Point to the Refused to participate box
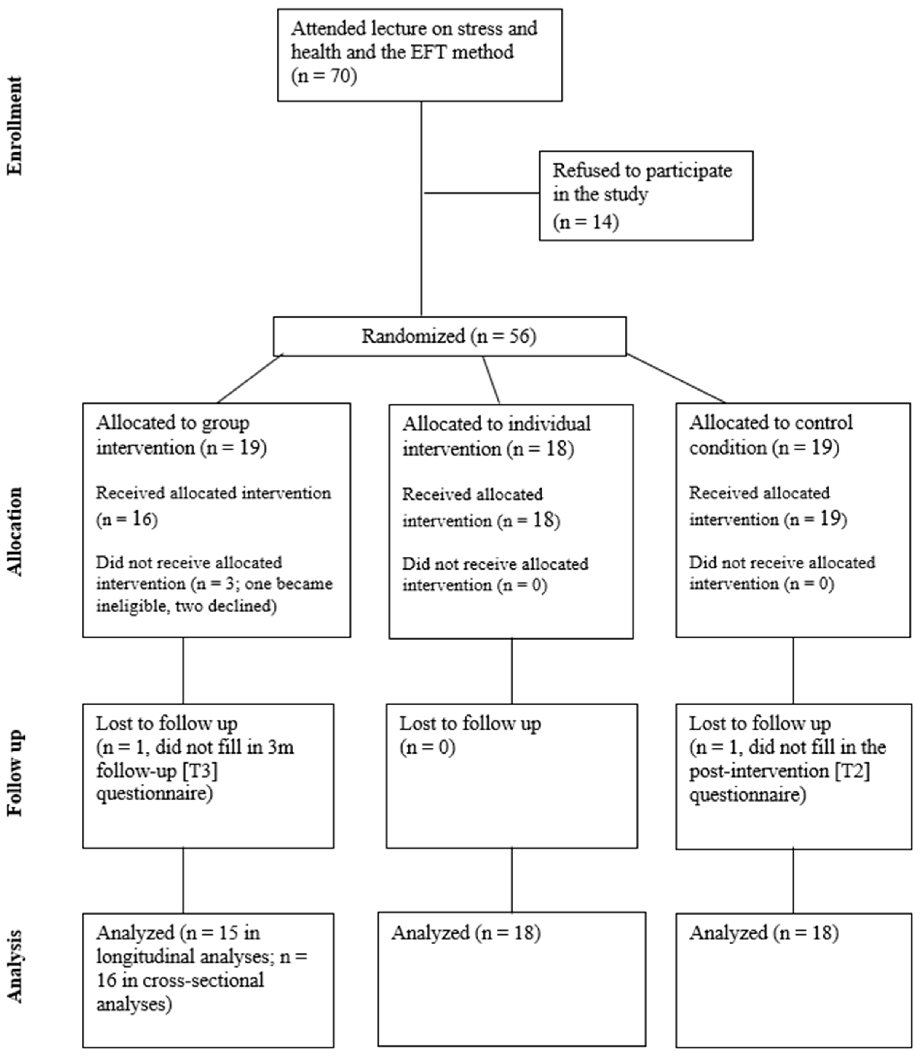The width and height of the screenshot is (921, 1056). pyautogui.click(x=646, y=195)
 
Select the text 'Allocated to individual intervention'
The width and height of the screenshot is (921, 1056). pyautogui.click(x=496, y=436)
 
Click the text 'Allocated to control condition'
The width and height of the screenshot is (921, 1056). pyautogui.click(x=770, y=435)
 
